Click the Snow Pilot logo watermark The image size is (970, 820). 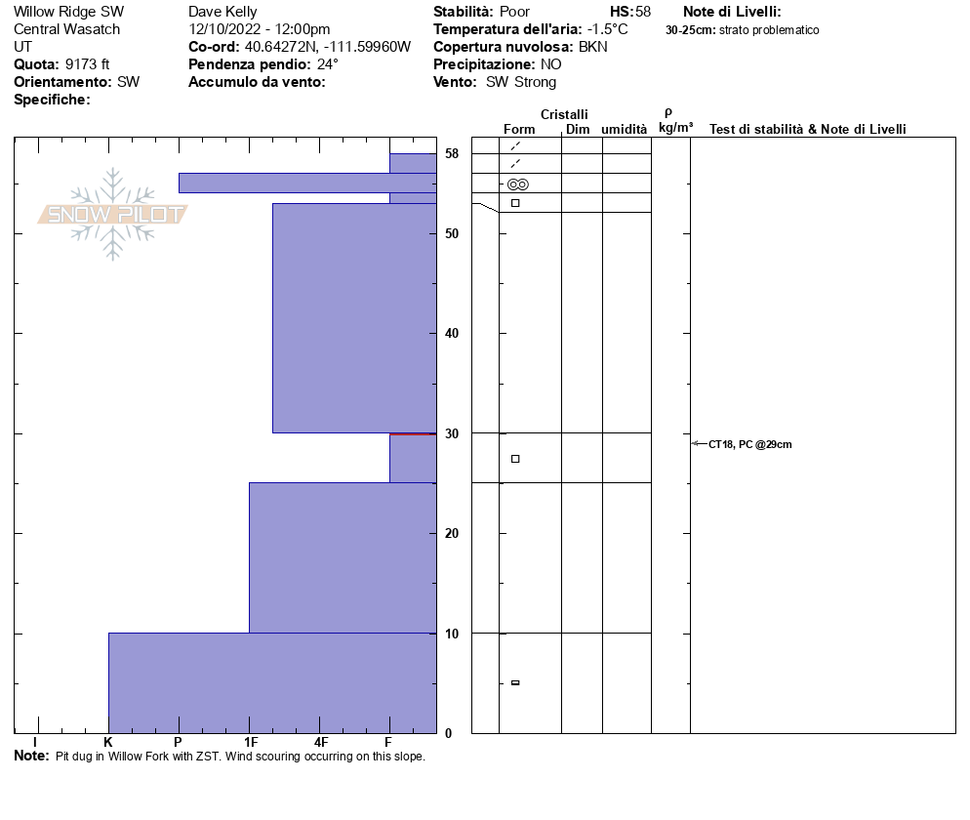tap(112, 214)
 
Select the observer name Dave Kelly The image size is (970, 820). tap(222, 12)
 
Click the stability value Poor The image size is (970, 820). tap(514, 12)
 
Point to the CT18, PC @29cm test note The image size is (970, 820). tap(749, 444)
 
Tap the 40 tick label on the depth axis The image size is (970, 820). tap(452, 334)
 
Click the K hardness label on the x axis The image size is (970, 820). tap(108, 742)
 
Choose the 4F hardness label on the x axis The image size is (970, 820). tap(320, 742)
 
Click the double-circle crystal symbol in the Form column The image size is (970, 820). tap(517, 184)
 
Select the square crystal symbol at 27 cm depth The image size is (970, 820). tap(515, 459)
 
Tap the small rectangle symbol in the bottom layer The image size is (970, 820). tap(515, 682)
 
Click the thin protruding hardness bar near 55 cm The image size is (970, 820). tap(283, 183)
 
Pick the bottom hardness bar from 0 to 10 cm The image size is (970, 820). tap(271, 682)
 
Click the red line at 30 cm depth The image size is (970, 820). tap(412, 433)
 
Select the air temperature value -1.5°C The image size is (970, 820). tap(607, 29)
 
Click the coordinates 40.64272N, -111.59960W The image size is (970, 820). tap(328, 47)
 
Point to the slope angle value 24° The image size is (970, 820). tap(327, 64)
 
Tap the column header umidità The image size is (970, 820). tap(624, 129)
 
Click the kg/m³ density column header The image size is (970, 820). tap(675, 127)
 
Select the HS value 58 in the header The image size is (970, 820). tap(642, 12)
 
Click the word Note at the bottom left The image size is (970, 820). tap(31, 756)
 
